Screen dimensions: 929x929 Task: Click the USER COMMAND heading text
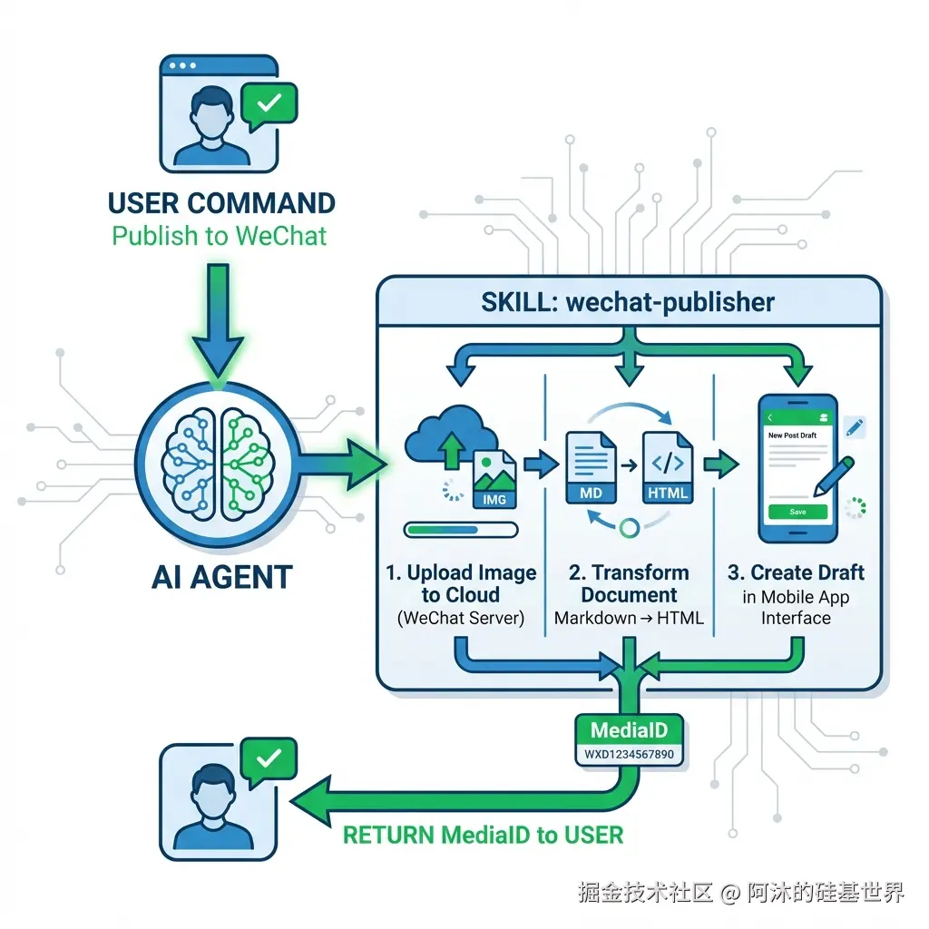[x=221, y=203]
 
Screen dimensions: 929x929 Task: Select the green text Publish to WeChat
[x=220, y=236]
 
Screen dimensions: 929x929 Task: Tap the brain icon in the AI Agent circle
[x=218, y=464]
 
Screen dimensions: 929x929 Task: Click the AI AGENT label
[x=222, y=576]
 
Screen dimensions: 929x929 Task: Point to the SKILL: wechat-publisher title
[x=628, y=302]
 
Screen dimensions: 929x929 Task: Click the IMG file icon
[x=494, y=479]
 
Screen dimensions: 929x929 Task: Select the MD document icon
[x=591, y=467]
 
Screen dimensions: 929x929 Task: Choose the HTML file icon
[x=668, y=467]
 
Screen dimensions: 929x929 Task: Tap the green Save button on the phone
[x=797, y=512]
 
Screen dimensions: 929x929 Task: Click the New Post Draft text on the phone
[x=792, y=435]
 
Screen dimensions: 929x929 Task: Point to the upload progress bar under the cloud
[x=461, y=530]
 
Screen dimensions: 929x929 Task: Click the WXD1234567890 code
[x=630, y=754]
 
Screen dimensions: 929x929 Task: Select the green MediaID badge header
[x=630, y=730]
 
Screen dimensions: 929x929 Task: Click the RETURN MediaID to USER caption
[x=483, y=836]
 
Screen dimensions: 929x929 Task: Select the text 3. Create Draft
[x=796, y=573]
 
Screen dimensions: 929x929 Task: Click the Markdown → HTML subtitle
[x=629, y=618]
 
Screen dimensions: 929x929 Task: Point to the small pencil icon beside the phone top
[x=855, y=427]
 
